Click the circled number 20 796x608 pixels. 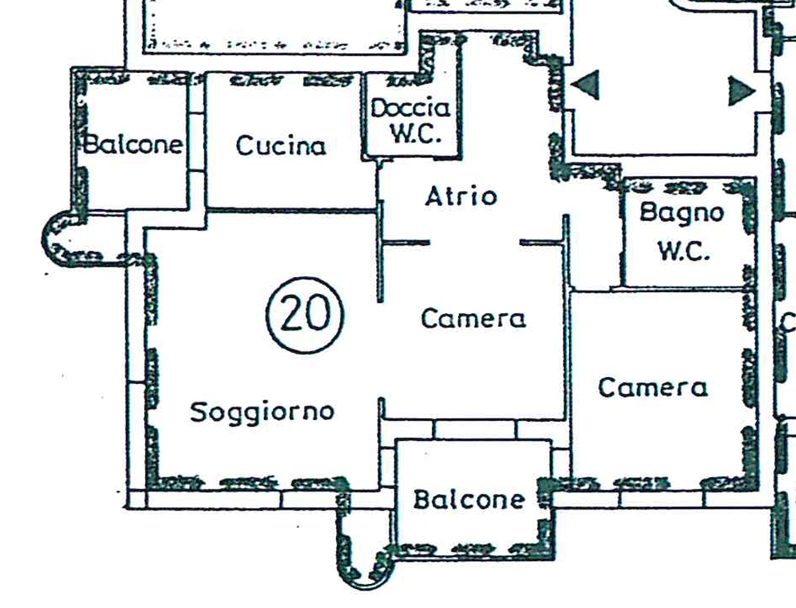[x=305, y=315]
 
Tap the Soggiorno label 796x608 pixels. [x=262, y=412]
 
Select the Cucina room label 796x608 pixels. [x=280, y=146]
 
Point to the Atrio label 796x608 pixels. [x=461, y=196]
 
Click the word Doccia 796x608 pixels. [x=410, y=109]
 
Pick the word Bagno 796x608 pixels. [x=681, y=213]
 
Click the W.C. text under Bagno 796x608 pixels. [x=683, y=251]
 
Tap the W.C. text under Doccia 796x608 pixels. [x=415, y=134]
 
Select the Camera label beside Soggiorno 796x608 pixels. [x=473, y=319]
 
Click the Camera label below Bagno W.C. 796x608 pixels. [x=652, y=387]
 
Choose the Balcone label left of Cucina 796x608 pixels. [x=132, y=144]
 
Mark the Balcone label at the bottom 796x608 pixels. [x=469, y=500]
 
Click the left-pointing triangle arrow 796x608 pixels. [x=586, y=85]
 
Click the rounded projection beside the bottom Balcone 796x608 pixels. [x=363, y=560]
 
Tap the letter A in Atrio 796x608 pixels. [x=434, y=196]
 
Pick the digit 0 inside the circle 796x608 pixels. [x=319, y=314]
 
